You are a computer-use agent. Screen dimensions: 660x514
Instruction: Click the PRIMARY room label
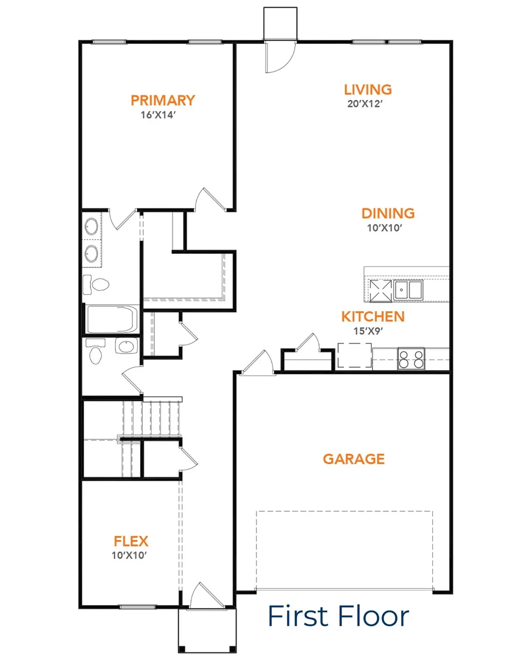click(x=163, y=101)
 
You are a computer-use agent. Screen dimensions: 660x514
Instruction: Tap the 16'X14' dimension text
click(x=158, y=115)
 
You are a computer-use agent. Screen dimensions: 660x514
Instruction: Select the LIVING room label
click(x=368, y=90)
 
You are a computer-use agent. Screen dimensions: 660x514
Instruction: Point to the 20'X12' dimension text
click(x=365, y=104)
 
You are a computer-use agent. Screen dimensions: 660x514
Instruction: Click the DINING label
click(x=388, y=214)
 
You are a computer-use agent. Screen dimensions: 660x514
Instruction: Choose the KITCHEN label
click(x=373, y=317)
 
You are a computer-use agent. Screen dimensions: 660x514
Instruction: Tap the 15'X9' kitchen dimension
click(x=368, y=331)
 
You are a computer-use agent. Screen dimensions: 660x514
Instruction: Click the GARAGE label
click(x=354, y=459)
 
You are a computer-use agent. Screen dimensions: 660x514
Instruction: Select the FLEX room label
click(x=131, y=541)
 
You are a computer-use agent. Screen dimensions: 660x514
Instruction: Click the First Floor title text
click(x=338, y=616)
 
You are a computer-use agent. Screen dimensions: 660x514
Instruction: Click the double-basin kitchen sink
click(x=408, y=290)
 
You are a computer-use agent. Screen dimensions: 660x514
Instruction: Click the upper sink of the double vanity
click(x=91, y=226)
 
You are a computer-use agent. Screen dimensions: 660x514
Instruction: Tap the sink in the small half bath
click(x=126, y=346)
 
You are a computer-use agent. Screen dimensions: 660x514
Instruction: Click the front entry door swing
click(x=206, y=596)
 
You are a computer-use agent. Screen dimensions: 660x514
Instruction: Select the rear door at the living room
click(x=280, y=57)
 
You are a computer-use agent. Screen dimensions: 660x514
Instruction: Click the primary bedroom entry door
click(x=210, y=200)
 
